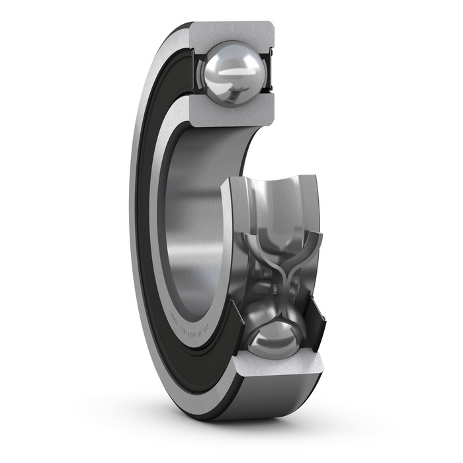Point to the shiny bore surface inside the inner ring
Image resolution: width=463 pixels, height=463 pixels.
point(192,218)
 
